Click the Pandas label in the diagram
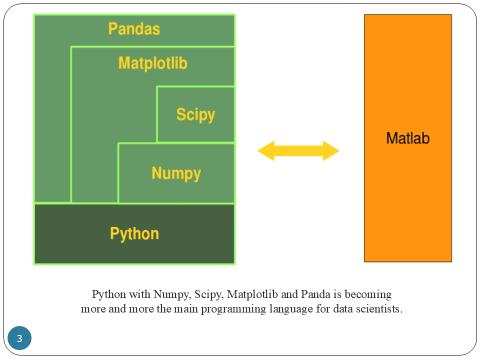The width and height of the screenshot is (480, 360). pos(134,28)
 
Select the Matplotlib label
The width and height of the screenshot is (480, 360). pos(152,63)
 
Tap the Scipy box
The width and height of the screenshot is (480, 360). pos(195,114)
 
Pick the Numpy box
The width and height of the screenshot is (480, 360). pos(176,173)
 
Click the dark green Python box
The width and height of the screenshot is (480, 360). pos(134,233)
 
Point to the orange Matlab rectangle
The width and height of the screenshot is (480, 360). pos(407,138)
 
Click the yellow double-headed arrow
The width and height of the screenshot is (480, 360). pos(298,151)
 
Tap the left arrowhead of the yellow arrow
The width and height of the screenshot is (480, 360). pos(265,151)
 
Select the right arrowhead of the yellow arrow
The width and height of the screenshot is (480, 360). pos(331,151)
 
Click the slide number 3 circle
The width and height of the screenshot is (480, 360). pos(19,338)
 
